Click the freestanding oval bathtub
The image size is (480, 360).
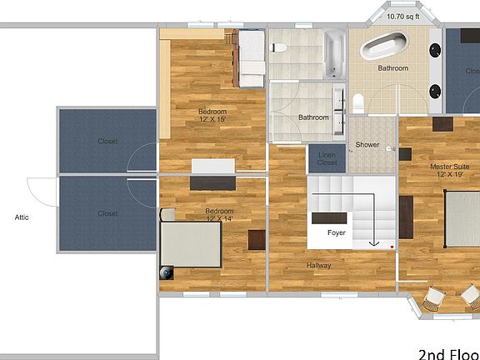pos(385,46)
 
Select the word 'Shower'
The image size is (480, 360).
pos(367,145)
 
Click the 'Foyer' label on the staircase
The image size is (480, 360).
pos(336,232)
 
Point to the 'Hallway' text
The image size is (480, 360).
pos(318,266)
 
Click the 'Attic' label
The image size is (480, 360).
pos(22,217)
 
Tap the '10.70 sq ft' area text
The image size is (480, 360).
pos(403,16)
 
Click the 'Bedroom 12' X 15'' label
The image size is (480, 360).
pos(212,115)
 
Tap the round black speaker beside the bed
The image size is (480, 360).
pos(167,272)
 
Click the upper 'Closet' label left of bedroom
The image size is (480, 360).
pos(107,142)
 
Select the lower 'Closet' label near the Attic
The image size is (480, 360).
pos(107,213)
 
